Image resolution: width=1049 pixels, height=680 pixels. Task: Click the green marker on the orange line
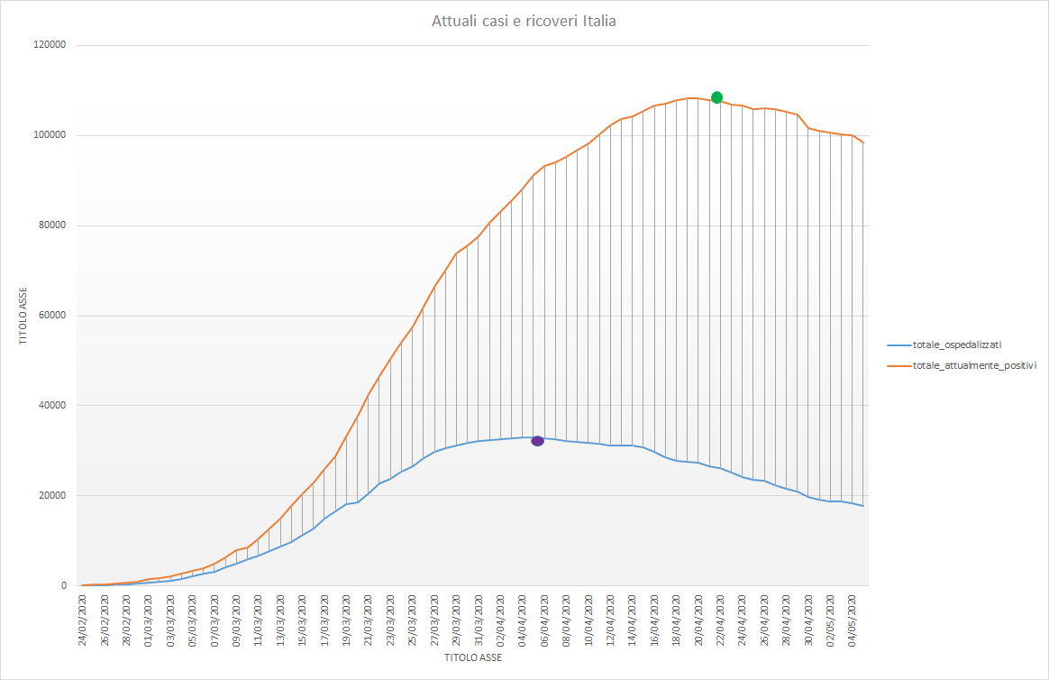coord(716,97)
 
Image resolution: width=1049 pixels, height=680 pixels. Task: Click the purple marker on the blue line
coord(537,441)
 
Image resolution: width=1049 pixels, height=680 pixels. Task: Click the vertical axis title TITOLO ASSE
coord(24,317)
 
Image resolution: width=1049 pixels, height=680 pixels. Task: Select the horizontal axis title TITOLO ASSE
coord(473,657)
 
